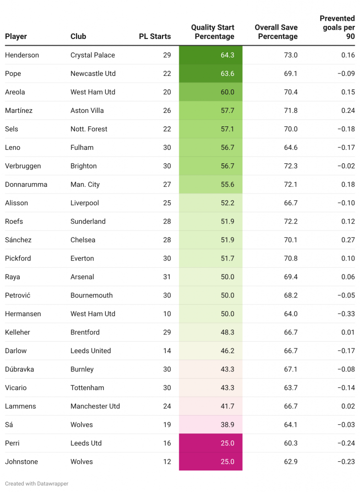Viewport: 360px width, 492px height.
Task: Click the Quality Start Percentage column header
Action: (212, 32)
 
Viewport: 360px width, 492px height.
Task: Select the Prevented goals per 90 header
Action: (337, 27)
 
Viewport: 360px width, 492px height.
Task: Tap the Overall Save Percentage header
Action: (276, 32)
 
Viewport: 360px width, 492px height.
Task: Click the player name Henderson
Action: (22, 55)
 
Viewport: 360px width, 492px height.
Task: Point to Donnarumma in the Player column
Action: (26, 184)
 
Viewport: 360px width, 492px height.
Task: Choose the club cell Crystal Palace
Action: (93, 55)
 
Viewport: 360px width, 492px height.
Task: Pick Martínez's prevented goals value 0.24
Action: (348, 111)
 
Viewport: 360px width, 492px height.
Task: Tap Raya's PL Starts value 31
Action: (167, 277)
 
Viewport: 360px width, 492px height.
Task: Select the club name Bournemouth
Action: (92, 295)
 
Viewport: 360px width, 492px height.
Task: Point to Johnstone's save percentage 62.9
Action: (291, 462)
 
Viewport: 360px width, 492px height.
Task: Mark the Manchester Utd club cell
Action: (95, 406)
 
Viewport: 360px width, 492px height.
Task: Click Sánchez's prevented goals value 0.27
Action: (348, 240)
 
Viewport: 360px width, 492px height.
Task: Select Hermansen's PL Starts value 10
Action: (167, 314)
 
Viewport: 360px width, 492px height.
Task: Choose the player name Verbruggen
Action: (23, 166)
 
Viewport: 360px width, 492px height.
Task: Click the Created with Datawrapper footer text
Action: (37, 484)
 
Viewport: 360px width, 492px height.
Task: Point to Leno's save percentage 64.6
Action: (291, 148)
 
